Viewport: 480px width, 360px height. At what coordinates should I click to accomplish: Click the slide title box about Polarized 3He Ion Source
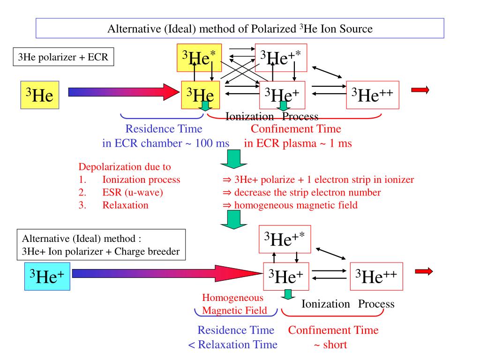pos(240,29)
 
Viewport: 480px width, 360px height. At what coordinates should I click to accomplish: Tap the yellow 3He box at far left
pos(40,95)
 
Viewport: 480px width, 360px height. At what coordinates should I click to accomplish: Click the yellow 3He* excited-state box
pos(199,57)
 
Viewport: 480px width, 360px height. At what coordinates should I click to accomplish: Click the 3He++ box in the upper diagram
pos(372,95)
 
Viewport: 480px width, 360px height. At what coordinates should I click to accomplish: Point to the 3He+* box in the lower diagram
pos(285,239)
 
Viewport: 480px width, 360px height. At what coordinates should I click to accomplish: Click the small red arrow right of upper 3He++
pos(420,90)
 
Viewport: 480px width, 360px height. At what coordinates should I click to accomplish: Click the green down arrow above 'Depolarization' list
pos(233,160)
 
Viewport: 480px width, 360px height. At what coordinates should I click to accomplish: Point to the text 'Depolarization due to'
pos(125,167)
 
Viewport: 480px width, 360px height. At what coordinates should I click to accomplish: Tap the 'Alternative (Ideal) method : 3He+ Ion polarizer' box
pos(101,245)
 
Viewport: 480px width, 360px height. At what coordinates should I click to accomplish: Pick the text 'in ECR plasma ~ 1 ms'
pos(298,143)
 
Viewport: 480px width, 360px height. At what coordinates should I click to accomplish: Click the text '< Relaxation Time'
pos(233,345)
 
